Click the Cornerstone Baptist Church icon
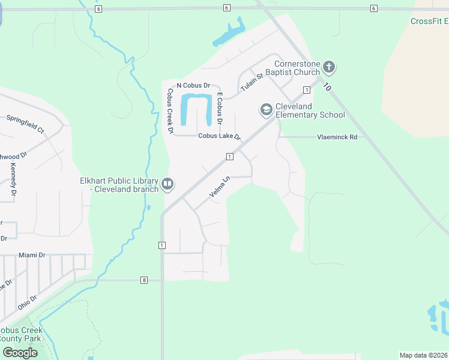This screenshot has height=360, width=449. [328, 67]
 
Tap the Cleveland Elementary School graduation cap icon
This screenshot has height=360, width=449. [266, 110]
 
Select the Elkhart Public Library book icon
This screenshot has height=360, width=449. [168, 184]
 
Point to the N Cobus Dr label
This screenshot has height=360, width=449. [193, 86]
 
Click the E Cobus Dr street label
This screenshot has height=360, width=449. [220, 109]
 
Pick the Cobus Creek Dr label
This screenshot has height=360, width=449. [170, 111]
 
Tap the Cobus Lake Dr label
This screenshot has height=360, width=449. [219, 136]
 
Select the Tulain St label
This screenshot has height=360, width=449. [252, 83]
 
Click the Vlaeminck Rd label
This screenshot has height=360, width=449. [337, 137]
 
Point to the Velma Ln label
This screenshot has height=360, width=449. [220, 187]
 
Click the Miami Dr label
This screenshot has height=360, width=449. [32, 255]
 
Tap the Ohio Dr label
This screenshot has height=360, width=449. [27, 302]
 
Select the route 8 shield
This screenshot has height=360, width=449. [144, 280]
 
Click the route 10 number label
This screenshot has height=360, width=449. [327, 87]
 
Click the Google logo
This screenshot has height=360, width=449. [20, 353]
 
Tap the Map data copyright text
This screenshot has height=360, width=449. [424, 355]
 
